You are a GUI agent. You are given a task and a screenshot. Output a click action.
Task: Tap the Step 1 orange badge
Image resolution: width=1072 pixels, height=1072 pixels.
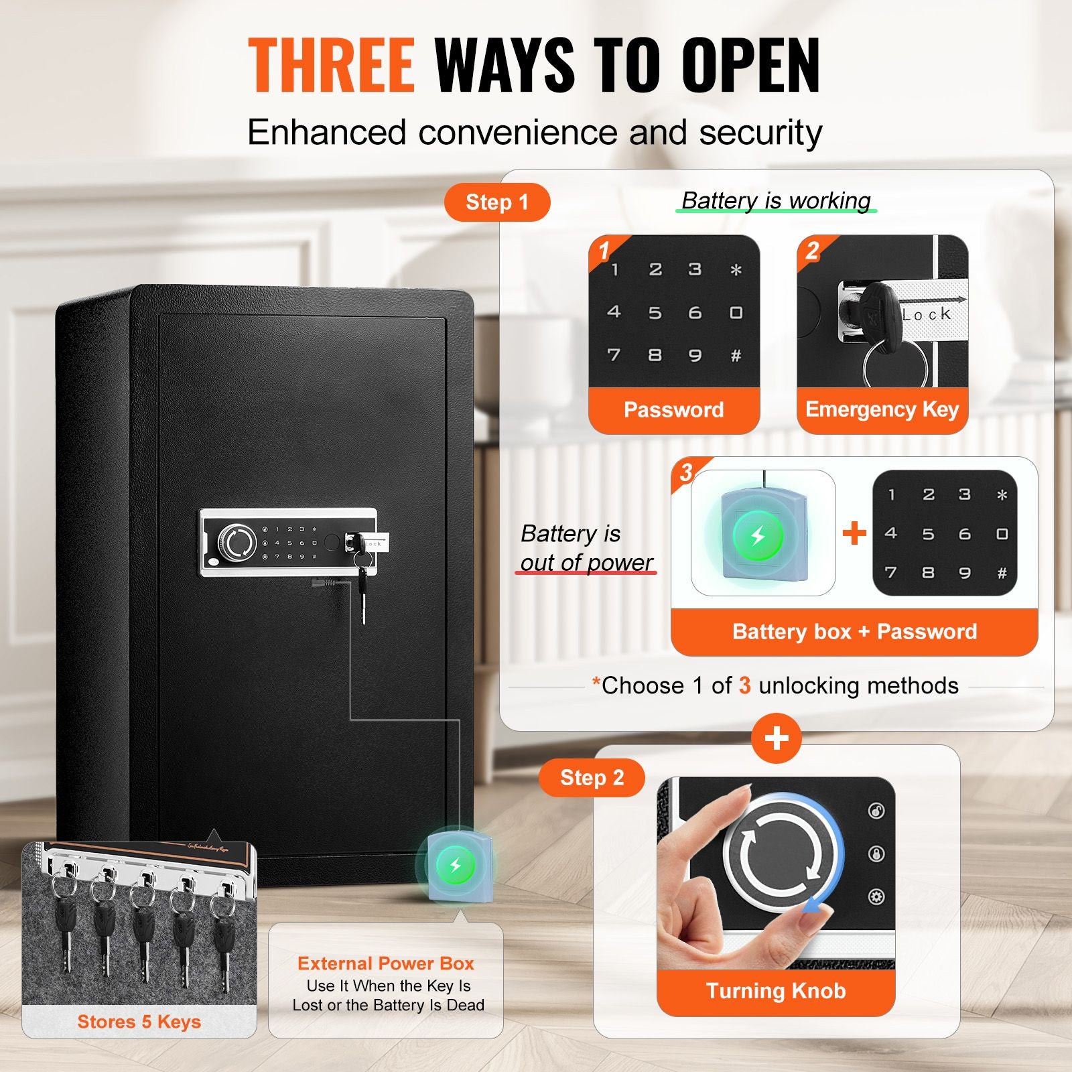[497, 202]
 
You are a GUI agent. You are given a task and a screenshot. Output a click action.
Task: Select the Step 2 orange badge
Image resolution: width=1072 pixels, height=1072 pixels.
[592, 778]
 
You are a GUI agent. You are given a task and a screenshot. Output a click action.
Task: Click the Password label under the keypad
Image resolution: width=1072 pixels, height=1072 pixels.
[673, 410]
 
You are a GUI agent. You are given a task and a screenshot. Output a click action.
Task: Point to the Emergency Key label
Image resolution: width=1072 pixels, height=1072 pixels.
[882, 409]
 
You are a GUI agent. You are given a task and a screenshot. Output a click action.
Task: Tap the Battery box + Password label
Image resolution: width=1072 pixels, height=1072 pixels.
[854, 632]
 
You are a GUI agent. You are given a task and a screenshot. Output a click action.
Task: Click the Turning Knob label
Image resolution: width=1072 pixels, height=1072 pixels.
[776, 991]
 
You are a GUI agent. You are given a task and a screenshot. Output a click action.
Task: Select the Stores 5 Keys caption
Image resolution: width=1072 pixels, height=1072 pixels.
[139, 1022]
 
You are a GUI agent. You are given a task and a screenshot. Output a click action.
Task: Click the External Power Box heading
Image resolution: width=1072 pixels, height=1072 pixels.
[386, 963]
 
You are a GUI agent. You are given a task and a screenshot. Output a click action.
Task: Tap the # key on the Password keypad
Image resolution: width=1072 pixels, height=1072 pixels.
[736, 356]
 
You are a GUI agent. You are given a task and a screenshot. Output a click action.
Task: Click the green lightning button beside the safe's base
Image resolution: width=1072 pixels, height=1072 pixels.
[455, 865]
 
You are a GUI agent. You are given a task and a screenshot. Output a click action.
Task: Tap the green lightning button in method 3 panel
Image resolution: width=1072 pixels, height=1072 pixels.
[758, 536]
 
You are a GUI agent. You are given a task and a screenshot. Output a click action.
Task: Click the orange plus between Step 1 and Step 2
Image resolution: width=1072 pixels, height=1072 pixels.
[776, 738]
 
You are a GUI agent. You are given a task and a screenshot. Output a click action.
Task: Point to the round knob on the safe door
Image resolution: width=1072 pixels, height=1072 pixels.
[238, 543]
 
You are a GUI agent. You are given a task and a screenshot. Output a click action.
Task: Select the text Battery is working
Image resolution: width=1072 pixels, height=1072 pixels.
[776, 200]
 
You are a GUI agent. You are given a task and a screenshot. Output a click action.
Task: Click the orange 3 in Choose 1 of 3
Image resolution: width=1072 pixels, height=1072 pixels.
[744, 685]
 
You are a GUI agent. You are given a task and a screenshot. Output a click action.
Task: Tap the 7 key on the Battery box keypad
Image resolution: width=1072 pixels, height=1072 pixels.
[890, 573]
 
